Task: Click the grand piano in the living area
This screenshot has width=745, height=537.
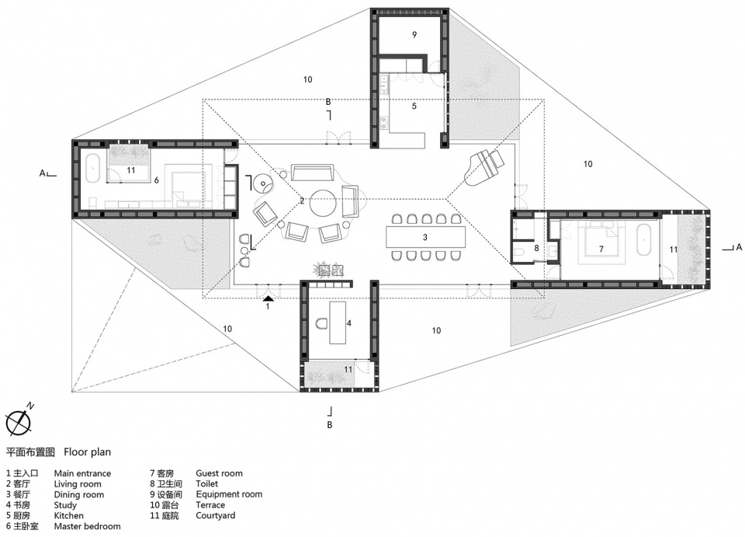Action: tap(482, 167)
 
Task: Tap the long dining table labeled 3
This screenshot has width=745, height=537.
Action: tap(425, 237)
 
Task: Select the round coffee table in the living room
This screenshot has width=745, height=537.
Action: tap(324, 203)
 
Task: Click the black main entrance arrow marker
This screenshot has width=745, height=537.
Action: tap(268, 298)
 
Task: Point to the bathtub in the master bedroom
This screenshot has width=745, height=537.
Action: tap(92, 167)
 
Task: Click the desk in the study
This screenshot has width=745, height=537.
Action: tap(338, 322)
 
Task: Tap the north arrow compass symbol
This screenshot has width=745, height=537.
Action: tap(19, 422)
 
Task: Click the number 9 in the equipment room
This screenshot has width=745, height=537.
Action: tap(414, 34)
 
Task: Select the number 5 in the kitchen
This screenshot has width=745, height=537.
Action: tap(414, 106)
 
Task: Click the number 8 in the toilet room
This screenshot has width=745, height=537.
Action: tap(536, 248)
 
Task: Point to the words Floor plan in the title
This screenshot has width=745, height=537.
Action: tap(88, 452)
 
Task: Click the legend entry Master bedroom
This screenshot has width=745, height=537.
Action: tap(88, 526)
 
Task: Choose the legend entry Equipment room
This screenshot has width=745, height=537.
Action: tap(229, 495)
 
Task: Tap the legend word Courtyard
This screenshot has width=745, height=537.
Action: tap(215, 515)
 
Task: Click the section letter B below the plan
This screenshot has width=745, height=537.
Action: tap(329, 425)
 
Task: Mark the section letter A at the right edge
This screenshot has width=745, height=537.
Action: tap(738, 247)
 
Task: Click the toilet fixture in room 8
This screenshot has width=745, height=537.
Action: tap(519, 252)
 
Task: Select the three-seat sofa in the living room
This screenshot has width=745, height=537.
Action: tap(312, 173)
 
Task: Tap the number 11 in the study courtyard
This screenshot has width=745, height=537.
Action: tap(348, 369)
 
